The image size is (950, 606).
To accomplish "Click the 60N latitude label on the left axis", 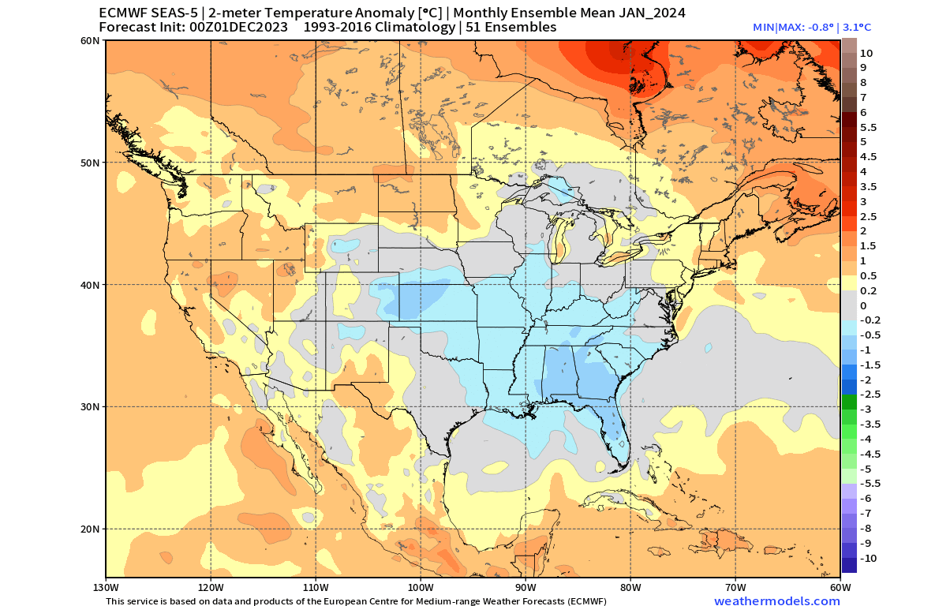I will click(x=89, y=40).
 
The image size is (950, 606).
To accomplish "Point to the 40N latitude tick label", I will click(x=89, y=285).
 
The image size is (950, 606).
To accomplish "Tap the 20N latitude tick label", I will click(x=89, y=529).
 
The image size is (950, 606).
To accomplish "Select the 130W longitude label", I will click(x=106, y=588).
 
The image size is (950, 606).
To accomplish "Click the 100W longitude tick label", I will click(x=421, y=588).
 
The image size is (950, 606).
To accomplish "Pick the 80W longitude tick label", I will click(x=630, y=588).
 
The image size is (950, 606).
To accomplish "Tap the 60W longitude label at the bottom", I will click(x=840, y=588).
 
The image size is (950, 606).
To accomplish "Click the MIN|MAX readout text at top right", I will click(x=812, y=27).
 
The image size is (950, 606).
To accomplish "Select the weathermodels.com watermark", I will click(x=776, y=601).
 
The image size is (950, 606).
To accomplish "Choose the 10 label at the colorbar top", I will click(x=866, y=53).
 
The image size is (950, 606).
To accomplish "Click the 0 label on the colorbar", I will click(x=862, y=305).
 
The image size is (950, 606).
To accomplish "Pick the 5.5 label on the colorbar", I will click(x=868, y=127).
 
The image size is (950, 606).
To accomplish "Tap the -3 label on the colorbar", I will click(x=865, y=410).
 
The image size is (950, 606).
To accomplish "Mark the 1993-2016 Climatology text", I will click(x=375, y=28).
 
